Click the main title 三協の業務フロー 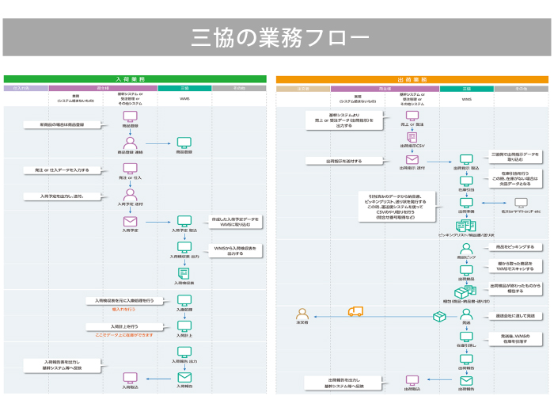(x=277, y=38)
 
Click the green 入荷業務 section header (x=135, y=79)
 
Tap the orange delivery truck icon (x=355, y=312)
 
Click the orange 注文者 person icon (x=301, y=314)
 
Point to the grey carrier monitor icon (x=519, y=202)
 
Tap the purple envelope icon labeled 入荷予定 (x=131, y=220)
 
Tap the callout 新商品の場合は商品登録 (x=63, y=124)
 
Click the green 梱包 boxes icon (x=466, y=292)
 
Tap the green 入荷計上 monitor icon (x=184, y=326)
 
